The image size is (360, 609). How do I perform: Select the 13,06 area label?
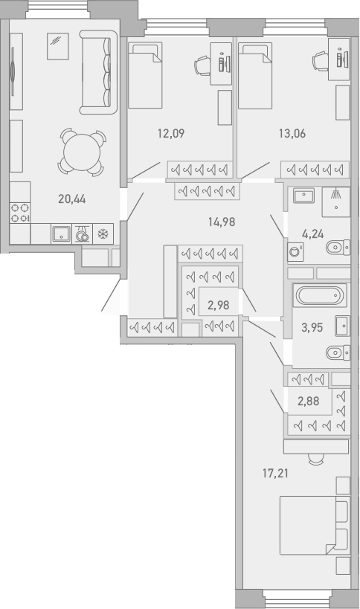click(292, 135)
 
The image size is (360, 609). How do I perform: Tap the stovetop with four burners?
click(20, 213)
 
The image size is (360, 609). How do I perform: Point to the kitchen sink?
click(61, 233)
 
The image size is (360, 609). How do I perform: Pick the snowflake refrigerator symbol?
click(103, 233)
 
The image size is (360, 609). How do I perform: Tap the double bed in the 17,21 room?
click(312, 526)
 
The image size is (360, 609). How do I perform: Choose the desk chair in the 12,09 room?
click(204, 65)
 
